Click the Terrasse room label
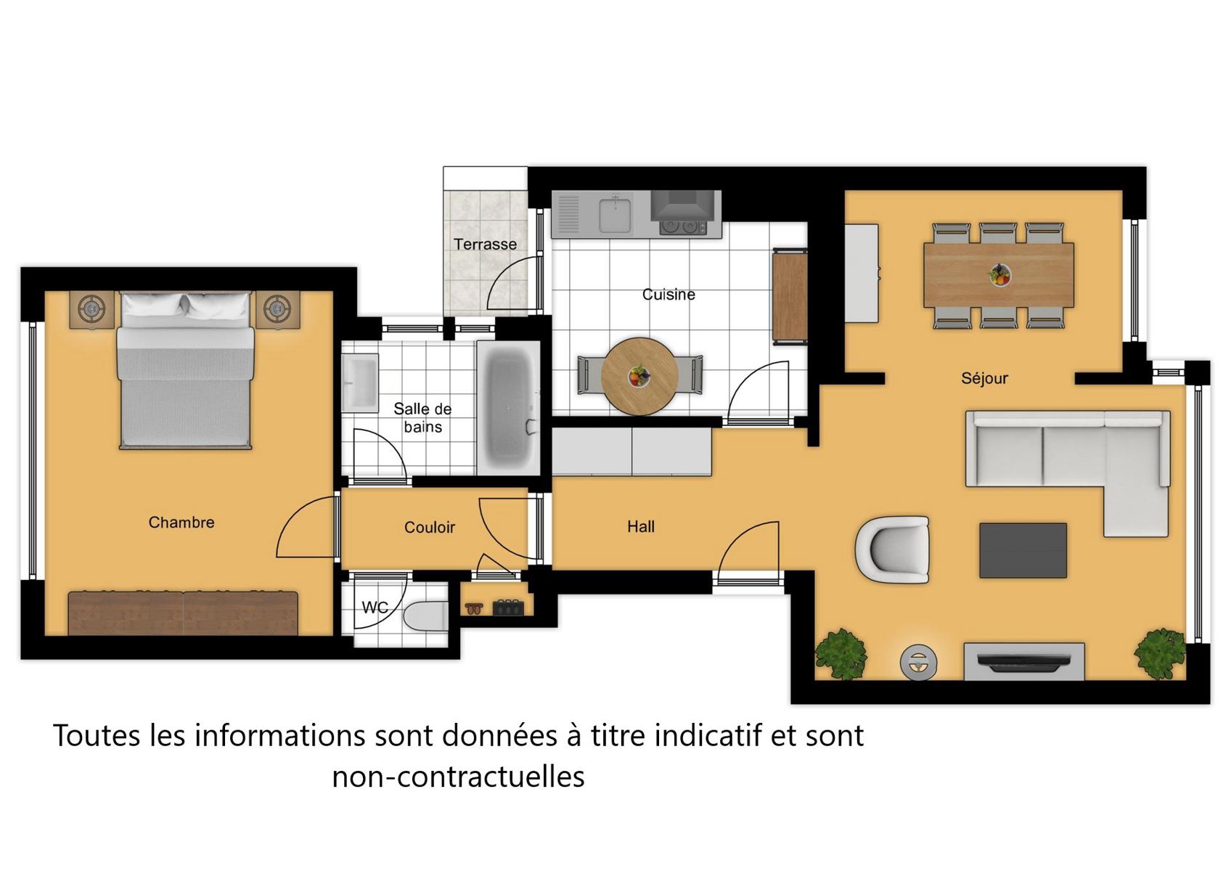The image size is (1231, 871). click(x=485, y=244)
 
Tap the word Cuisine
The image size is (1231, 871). click(x=668, y=295)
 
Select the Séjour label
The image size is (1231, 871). click(x=984, y=378)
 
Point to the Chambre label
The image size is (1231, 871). click(x=181, y=522)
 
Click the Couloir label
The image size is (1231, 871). click(x=429, y=528)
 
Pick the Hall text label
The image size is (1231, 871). click(x=641, y=526)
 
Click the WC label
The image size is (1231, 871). click(x=375, y=608)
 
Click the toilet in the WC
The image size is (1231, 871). click(x=426, y=616)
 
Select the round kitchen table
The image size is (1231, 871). click(x=639, y=377)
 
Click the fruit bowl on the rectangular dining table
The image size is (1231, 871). click(x=999, y=275)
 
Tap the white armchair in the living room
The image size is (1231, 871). click(x=892, y=549)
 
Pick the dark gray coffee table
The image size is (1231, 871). click(x=1023, y=550)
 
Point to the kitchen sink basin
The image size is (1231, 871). click(x=614, y=215)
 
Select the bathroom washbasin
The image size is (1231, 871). click(x=360, y=383)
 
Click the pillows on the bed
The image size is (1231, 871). click(x=185, y=303)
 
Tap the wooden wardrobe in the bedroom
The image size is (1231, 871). click(x=183, y=613)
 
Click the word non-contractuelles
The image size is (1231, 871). click(x=458, y=777)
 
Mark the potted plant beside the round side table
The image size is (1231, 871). click(x=841, y=654)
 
